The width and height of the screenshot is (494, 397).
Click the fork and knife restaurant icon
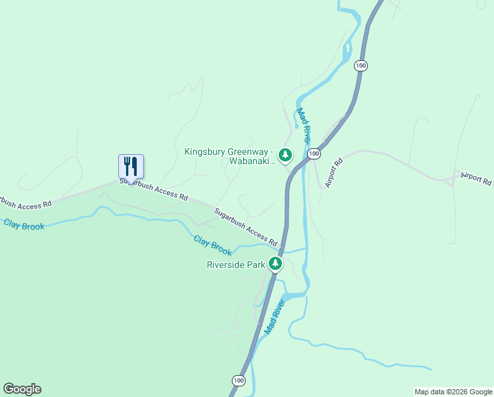[x=131, y=165]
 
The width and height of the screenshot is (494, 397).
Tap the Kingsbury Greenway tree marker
[x=285, y=155]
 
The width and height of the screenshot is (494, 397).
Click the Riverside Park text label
[x=236, y=265]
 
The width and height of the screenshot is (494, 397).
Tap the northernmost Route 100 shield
[x=361, y=66]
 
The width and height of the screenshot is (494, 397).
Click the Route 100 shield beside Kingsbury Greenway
[x=314, y=154]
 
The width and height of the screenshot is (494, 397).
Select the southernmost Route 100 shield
[x=239, y=380]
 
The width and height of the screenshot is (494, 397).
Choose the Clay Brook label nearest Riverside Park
[x=213, y=245]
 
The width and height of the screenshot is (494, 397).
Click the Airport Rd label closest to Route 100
[x=334, y=172]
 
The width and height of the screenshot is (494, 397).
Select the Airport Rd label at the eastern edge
[x=476, y=180]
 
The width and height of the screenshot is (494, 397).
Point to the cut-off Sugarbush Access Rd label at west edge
[x=25, y=203]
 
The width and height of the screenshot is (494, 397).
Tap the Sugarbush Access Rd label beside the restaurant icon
[x=155, y=189]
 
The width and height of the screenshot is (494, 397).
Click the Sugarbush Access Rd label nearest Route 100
[x=245, y=226]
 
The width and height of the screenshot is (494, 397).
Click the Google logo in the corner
[x=22, y=389]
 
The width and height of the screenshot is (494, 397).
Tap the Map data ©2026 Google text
[x=453, y=392]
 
